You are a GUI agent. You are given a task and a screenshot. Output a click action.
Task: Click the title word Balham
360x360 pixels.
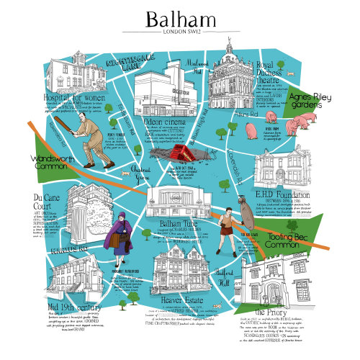pyautogui.click(x=179, y=17)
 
